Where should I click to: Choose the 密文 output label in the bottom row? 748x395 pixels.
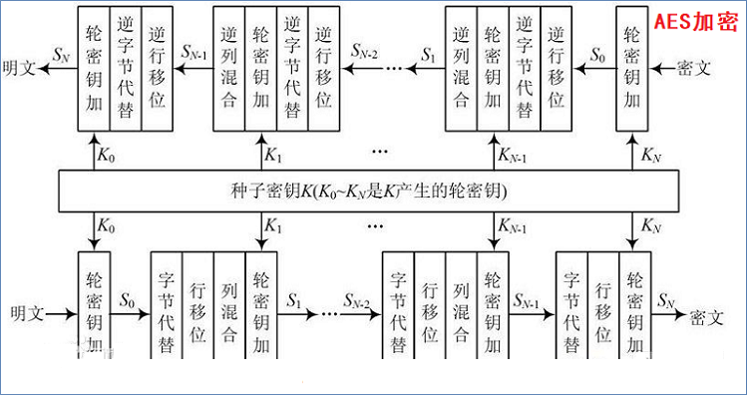(711, 313)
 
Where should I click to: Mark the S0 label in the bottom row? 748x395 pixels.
(128, 299)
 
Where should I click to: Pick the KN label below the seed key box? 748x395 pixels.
(650, 225)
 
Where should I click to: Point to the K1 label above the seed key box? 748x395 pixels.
(273, 158)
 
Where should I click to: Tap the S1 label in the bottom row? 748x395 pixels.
(296, 299)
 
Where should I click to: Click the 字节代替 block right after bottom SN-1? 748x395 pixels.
(571, 311)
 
